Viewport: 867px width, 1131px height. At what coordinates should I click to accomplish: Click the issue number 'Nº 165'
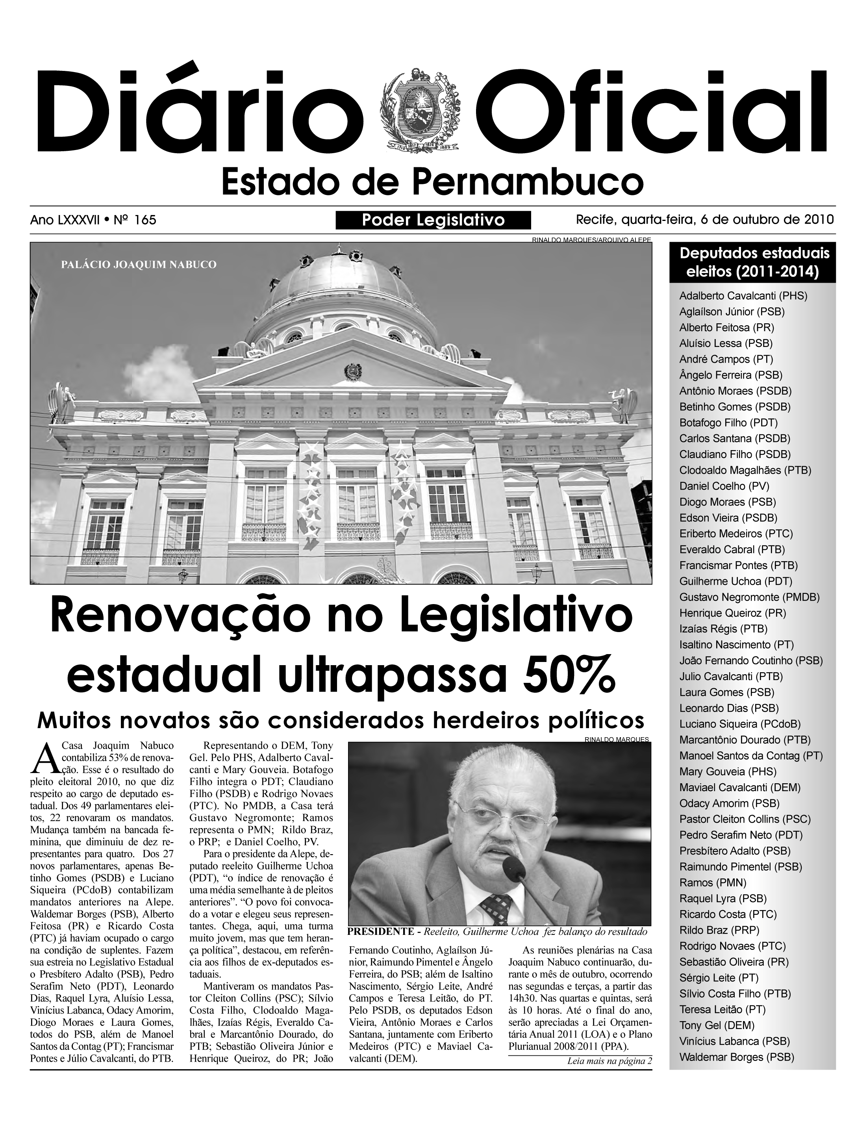[x=135, y=221]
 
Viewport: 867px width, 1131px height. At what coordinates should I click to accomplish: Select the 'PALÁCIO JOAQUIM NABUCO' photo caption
[x=138, y=265]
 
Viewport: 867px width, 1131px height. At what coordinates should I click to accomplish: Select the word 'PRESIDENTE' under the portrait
[x=381, y=932]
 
